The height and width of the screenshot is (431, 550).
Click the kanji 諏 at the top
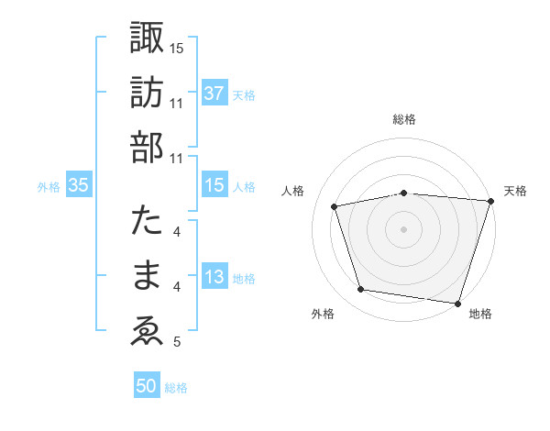[x=147, y=39]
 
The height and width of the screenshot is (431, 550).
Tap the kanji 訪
[x=147, y=93]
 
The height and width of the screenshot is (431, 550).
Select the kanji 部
[x=147, y=147]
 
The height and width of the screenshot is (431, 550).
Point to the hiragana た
[x=147, y=222]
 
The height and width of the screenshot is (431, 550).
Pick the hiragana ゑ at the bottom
[x=147, y=331]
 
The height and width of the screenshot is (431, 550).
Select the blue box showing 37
[x=214, y=93]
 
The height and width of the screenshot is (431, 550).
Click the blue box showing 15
[x=214, y=185]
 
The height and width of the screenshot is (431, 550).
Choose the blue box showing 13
[x=214, y=277]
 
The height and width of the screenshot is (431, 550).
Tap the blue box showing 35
[x=78, y=185]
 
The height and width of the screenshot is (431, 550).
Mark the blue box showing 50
[x=147, y=386]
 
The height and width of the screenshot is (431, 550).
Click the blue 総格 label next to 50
[x=176, y=388]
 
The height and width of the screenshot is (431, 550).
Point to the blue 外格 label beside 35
[x=49, y=186]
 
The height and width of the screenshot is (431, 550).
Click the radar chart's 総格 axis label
[x=403, y=119]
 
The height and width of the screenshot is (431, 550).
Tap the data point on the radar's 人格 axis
[x=335, y=206]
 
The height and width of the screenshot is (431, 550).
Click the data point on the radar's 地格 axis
[x=457, y=303]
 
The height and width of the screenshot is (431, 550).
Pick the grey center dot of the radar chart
[x=403, y=228]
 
